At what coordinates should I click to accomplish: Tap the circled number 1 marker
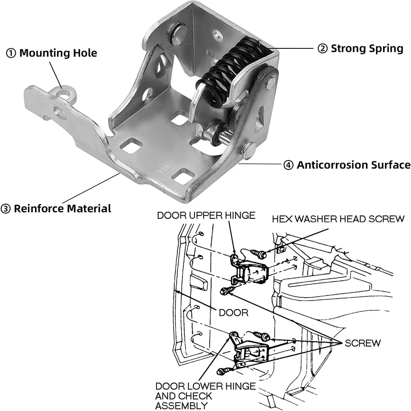click(10, 54)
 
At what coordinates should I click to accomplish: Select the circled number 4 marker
click(288, 165)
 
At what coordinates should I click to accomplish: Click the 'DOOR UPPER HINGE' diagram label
click(206, 215)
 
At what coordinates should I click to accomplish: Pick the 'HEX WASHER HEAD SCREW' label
click(338, 219)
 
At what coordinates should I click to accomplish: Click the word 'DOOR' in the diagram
click(234, 313)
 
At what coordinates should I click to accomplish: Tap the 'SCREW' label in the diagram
click(363, 343)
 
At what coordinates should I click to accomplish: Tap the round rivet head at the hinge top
click(177, 34)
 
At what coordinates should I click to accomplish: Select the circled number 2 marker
click(322, 49)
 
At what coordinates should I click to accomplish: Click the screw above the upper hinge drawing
click(258, 254)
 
